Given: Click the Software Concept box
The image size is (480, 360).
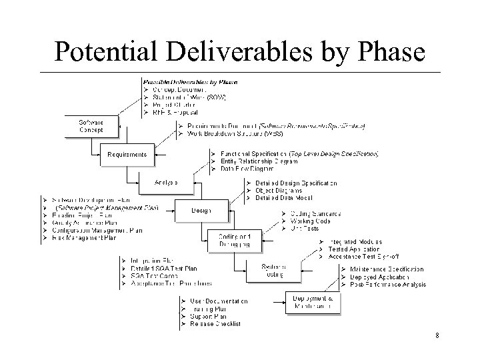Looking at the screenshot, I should coord(91,125).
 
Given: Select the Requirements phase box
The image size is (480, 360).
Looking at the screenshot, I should coord(127,155).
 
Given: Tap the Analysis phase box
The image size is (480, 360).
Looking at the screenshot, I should coord(165,182).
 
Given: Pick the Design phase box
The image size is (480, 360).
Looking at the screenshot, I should coord(201,211).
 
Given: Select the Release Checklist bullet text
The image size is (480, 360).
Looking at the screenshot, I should coord(215,324).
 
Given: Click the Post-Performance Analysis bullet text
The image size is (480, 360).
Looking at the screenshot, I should coord(387,285).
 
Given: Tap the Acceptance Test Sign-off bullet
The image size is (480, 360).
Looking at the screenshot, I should coord(364,256).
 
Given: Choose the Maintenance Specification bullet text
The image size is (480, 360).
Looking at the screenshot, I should coord(386,269).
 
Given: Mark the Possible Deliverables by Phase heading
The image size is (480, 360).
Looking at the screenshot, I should coord(190,82).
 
